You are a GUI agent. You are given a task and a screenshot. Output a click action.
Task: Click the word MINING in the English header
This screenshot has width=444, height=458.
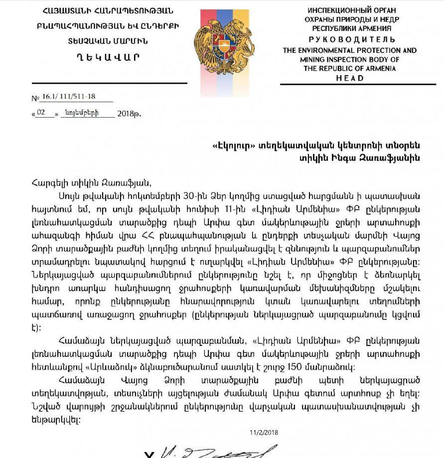click(296, 59)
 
